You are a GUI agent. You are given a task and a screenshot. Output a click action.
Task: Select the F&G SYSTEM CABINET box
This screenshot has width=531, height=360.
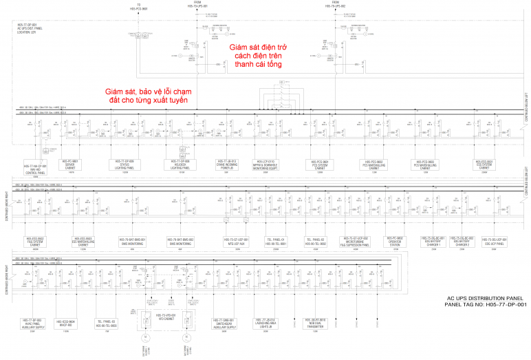point(36,242)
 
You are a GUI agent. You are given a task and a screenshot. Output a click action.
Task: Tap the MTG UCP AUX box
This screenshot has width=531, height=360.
point(237,242)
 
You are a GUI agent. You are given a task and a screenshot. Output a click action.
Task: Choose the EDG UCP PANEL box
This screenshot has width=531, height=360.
point(495,242)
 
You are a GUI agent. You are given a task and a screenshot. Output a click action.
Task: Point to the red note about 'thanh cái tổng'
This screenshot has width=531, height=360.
point(261,55)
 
